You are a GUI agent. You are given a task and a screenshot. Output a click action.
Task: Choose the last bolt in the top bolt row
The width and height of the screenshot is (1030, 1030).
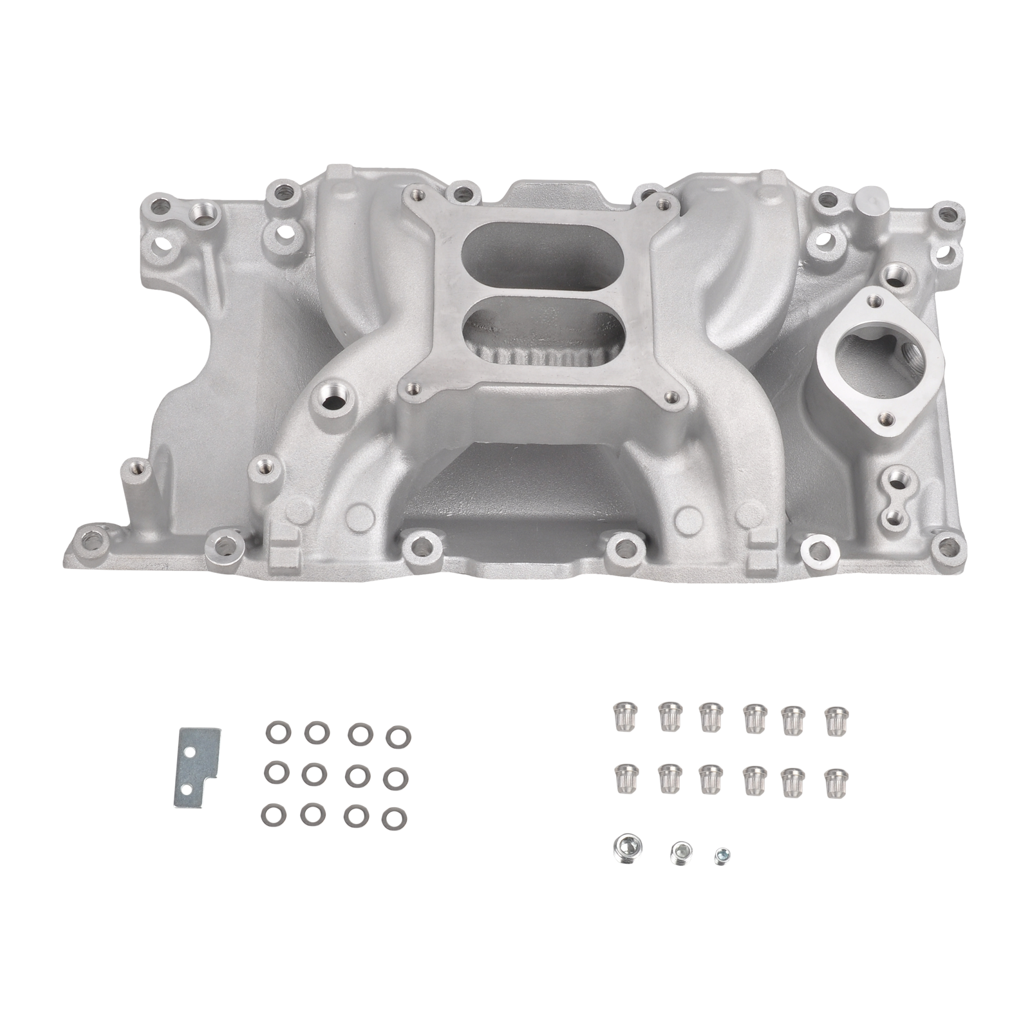point(835,715)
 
